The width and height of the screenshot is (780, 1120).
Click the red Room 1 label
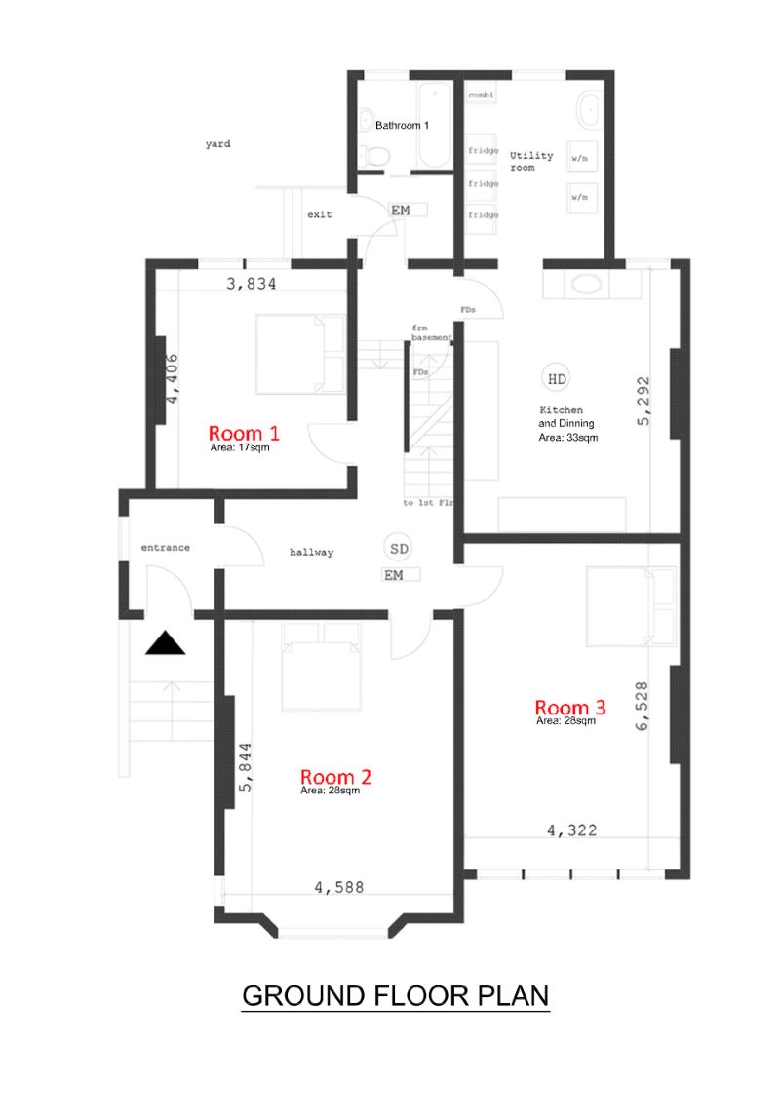(x=244, y=433)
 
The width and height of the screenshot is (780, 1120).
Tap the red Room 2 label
(x=335, y=777)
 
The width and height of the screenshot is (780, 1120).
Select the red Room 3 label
(x=570, y=707)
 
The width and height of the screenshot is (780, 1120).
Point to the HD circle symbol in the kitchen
(x=557, y=379)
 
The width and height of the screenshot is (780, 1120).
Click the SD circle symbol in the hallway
(x=400, y=549)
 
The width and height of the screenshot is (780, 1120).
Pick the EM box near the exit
(x=408, y=210)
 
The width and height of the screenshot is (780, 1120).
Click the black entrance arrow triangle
(x=165, y=643)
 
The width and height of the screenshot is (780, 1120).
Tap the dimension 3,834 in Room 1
(x=252, y=284)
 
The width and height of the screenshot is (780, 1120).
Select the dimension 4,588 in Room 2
(x=339, y=887)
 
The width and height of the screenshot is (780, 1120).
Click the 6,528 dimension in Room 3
(x=642, y=707)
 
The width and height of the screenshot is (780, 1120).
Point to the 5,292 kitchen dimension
(x=643, y=402)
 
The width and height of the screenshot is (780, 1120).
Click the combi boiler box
(x=482, y=95)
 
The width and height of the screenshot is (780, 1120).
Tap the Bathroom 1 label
(x=402, y=125)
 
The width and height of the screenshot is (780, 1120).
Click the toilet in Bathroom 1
(x=374, y=154)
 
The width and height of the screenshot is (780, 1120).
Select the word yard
(x=217, y=143)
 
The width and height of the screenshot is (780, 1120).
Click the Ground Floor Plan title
(x=395, y=995)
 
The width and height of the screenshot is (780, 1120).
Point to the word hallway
(x=311, y=552)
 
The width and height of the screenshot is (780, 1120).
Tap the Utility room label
(x=530, y=161)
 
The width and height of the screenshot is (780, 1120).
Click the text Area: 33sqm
(x=568, y=437)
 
